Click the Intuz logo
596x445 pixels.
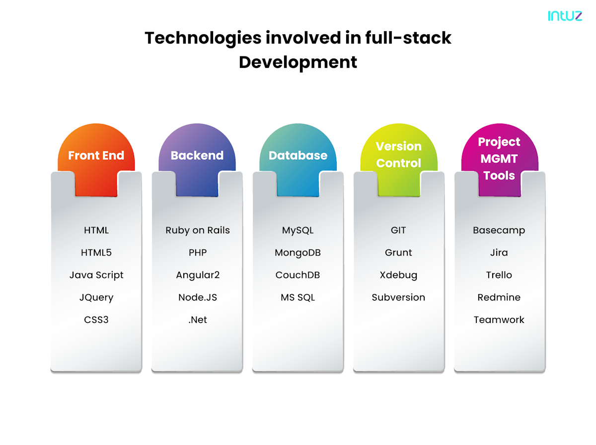(x=565, y=15)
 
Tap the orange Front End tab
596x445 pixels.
(x=96, y=155)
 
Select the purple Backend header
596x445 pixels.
(x=197, y=155)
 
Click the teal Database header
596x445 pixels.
(x=298, y=155)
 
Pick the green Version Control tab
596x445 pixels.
(x=398, y=154)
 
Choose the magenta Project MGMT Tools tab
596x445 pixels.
(x=499, y=158)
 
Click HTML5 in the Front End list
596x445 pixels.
(x=96, y=253)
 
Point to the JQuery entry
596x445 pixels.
(x=96, y=297)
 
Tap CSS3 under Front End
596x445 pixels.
(x=96, y=319)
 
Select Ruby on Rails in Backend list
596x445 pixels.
(x=197, y=230)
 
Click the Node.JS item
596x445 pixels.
(x=197, y=297)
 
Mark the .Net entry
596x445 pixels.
(x=197, y=319)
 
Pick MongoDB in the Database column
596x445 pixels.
(x=298, y=253)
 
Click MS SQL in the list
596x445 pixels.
(x=298, y=297)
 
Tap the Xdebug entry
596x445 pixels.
(x=398, y=275)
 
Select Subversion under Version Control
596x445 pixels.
(x=398, y=297)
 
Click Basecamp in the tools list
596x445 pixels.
(x=499, y=230)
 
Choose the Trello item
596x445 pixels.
(x=499, y=275)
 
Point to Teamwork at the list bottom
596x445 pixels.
(x=499, y=319)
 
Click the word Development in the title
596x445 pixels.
(x=298, y=63)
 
